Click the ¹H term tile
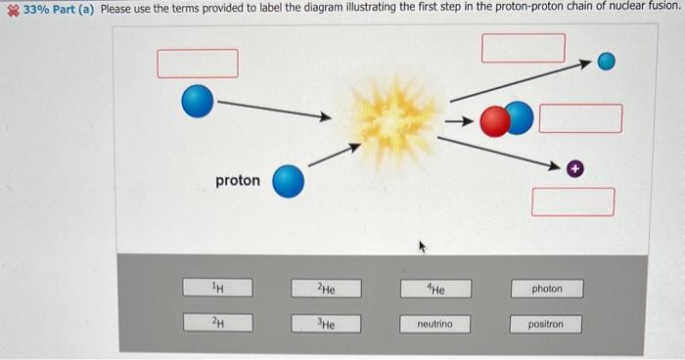(x=220, y=288)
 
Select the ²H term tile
(x=220, y=323)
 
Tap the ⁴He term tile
(x=437, y=289)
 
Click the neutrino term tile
(x=437, y=324)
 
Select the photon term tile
(x=548, y=289)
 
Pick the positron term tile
(x=548, y=324)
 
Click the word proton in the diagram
(x=238, y=180)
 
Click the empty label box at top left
(x=199, y=63)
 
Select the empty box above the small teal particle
(x=524, y=47)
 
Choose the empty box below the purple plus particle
(x=573, y=202)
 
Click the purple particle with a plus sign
(x=576, y=169)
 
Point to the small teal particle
(x=607, y=63)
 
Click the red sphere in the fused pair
(x=496, y=118)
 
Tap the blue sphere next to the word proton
(x=288, y=180)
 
